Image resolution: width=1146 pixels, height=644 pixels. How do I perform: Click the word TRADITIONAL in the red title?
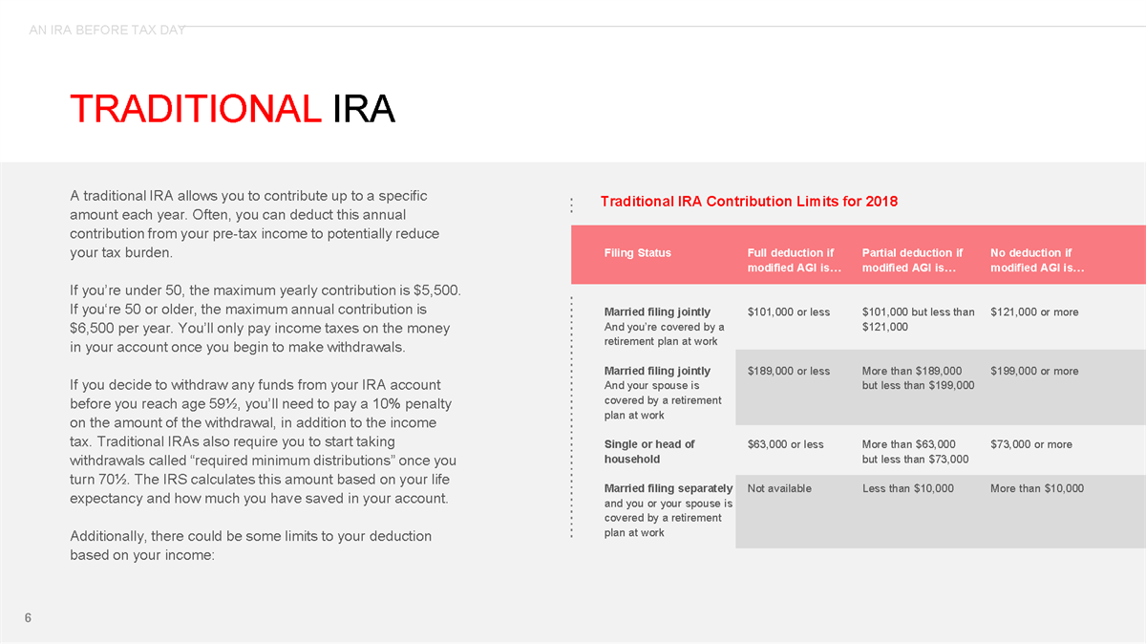(x=195, y=109)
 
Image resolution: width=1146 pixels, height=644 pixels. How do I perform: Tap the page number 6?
(x=28, y=618)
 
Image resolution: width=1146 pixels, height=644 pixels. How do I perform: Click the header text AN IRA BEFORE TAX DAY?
(x=107, y=31)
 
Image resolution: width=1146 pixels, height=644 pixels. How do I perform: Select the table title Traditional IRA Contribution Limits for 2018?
(x=749, y=202)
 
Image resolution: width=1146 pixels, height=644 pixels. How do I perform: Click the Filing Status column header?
(x=637, y=253)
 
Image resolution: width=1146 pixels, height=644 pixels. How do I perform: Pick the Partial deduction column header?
(x=912, y=261)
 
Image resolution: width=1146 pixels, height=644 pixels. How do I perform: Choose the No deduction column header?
(x=1037, y=261)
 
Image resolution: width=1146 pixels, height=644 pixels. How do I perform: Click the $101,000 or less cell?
(x=788, y=312)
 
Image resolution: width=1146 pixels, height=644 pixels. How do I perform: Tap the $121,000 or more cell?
(x=1034, y=312)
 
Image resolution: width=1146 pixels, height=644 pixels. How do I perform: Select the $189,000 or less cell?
(x=788, y=372)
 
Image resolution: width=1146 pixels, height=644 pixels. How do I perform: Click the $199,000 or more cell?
(x=1034, y=372)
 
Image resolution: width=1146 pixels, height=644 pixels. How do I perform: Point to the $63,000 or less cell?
(x=785, y=444)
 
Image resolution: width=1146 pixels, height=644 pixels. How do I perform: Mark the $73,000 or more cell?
(x=1031, y=444)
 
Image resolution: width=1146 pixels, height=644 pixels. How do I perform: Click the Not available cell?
(x=779, y=489)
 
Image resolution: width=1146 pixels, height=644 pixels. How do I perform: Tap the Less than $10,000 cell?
(x=907, y=489)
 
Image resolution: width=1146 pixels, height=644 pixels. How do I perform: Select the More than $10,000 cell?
(x=1037, y=489)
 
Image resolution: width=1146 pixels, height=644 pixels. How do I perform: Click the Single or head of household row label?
(x=649, y=451)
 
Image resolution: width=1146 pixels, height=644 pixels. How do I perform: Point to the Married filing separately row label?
(x=668, y=489)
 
